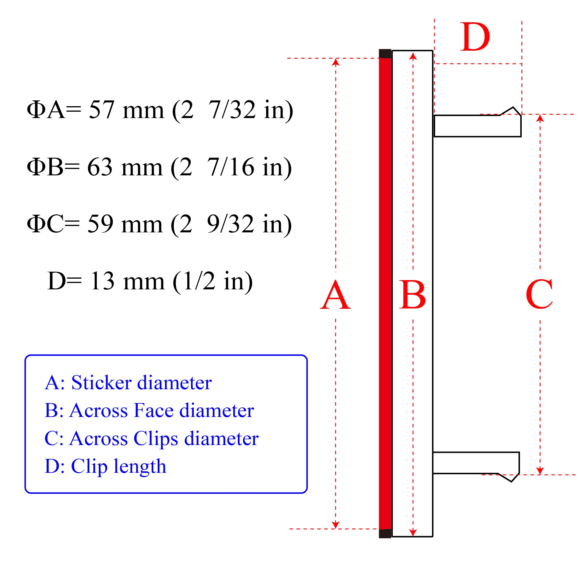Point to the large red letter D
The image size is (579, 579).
coord(475,36)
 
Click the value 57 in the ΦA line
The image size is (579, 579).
coord(102,110)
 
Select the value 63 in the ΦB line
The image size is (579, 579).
coord(100,167)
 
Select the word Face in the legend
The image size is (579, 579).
coord(154,410)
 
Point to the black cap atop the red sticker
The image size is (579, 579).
coord(385,54)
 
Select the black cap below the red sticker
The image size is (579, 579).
coord(385,534)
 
